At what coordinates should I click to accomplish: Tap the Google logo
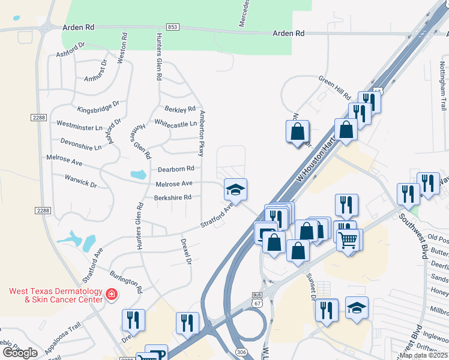[x=20, y=353]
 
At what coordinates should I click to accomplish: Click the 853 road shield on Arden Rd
[x=173, y=27]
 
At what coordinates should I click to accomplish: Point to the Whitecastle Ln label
[x=175, y=124]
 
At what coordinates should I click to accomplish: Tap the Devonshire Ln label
[x=81, y=143]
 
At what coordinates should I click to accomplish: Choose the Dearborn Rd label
[x=176, y=169]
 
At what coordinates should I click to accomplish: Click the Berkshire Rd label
[x=172, y=197]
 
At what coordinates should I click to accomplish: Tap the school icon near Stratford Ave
[x=235, y=190]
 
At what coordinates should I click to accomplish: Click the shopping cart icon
[x=348, y=241]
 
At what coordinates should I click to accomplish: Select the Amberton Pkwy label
[x=202, y=130]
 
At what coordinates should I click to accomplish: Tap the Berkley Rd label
[x=180, y=109]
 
